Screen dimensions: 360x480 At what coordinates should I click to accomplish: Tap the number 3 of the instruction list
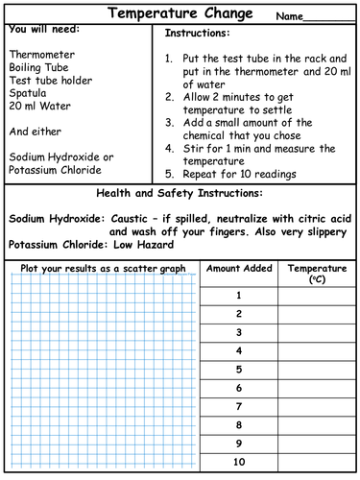tap(168, 123)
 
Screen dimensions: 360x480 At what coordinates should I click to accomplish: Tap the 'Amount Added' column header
tap(238, 269)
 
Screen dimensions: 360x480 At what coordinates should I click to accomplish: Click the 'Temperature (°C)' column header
tap(317, 275)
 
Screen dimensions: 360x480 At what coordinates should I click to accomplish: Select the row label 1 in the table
tap(238, 296)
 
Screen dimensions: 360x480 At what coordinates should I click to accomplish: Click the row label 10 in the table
tap(238, 462)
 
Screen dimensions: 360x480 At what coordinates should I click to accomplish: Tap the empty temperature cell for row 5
tap(317, 369)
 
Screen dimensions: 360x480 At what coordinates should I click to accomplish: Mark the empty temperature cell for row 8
tap(317, 424)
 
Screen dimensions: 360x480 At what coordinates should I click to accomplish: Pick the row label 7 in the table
tap(238, 406)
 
